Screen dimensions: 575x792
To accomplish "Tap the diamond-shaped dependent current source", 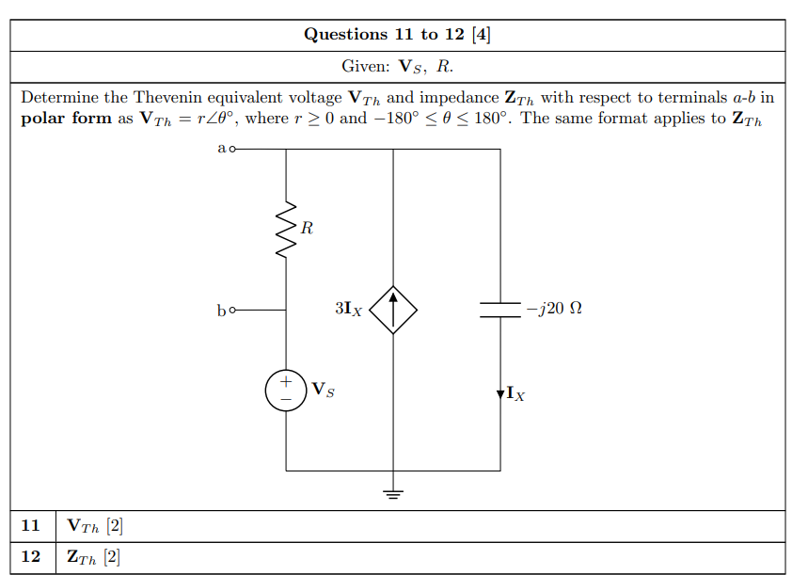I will tap(393, 309).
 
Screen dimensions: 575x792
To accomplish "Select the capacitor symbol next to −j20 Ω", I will tap(499, 310).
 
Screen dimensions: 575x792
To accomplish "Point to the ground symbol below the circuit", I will tap(393, 493).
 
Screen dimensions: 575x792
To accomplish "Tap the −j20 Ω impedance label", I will tap(555, 309).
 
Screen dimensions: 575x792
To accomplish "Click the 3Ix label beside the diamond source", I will tap(348, 309).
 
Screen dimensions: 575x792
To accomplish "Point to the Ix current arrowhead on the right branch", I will tap(499, 393).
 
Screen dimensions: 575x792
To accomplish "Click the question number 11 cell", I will tap(31, 525).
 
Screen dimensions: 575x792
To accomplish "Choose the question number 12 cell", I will tap(31, 557).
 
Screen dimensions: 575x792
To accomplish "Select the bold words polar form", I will tap(66, 119).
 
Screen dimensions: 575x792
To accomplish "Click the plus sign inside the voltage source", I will tap(286, 382).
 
